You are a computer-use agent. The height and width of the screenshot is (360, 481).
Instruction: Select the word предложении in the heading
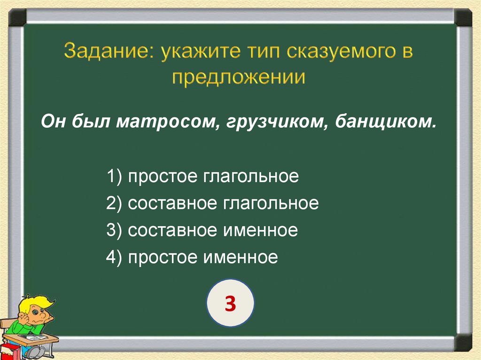point(238,77)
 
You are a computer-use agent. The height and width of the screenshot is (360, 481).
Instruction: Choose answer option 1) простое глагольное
point(202,177)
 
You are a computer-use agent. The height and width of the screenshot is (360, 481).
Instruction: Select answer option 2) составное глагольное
point(212,204)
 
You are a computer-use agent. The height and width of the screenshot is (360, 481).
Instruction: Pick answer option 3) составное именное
point(202,230)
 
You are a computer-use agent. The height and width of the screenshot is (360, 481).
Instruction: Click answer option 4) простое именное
point(192,257)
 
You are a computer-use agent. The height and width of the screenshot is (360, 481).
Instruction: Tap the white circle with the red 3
point(230,304)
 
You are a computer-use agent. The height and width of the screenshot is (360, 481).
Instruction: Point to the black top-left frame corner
point(17,17)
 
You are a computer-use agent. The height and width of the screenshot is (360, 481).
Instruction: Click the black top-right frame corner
point(464,17)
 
